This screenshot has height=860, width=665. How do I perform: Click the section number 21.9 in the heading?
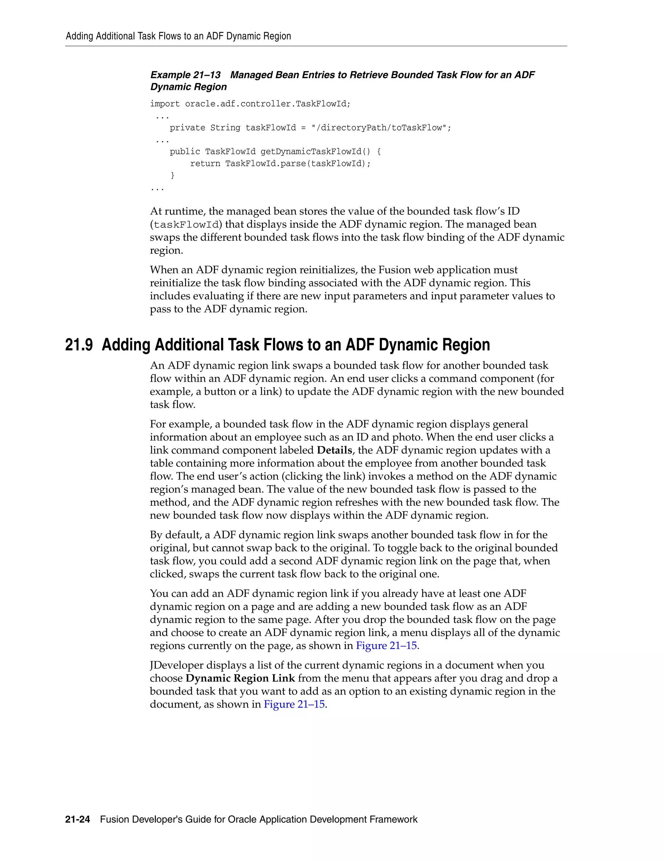tap(79, 345)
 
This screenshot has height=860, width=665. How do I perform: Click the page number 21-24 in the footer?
tap(78, 819)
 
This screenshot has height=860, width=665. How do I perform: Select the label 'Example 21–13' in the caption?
tap(185, 75)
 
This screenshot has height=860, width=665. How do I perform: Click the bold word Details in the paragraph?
tap(334, 450)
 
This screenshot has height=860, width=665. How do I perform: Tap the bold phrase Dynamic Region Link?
tap(240, 678)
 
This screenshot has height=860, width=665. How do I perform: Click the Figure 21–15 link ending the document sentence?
tap(294, 704)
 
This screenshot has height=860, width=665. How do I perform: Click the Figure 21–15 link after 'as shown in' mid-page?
tap(386, 645)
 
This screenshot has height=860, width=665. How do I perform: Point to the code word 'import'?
tap(165, 104)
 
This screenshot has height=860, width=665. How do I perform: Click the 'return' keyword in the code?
tap(205, 164)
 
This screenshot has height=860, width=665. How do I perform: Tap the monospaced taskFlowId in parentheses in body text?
tap(186, 225)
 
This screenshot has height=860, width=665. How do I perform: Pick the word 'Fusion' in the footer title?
tap(115, 819)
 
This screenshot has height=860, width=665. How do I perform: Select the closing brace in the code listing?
tap(172, 175)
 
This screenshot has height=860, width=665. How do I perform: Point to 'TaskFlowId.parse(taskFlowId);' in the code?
tap(298, 164)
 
